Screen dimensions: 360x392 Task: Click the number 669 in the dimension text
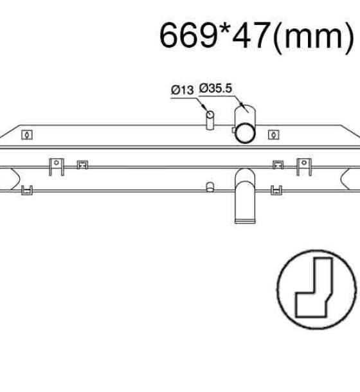pyautogui.click(x=188, y=35)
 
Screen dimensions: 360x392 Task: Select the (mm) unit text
pyautogui.click(x=314, y=37)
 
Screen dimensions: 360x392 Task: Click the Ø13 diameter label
pyautogui.click(x=183, y=90)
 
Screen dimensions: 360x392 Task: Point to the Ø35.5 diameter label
pyautogui.click(x=215, y=88)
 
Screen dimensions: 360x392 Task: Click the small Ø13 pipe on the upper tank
pyautogui.click(x=210, y=120)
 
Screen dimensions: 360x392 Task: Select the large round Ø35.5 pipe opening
pyautogui.click(x=245, y=133)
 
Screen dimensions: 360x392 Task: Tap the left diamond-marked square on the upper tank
pyautogui.click(x=27, y=135)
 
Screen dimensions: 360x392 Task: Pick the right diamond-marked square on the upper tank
pyautogui.click(x=274, y=135)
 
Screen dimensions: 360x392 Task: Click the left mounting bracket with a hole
pyautogui.click(x=57, y=166)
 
